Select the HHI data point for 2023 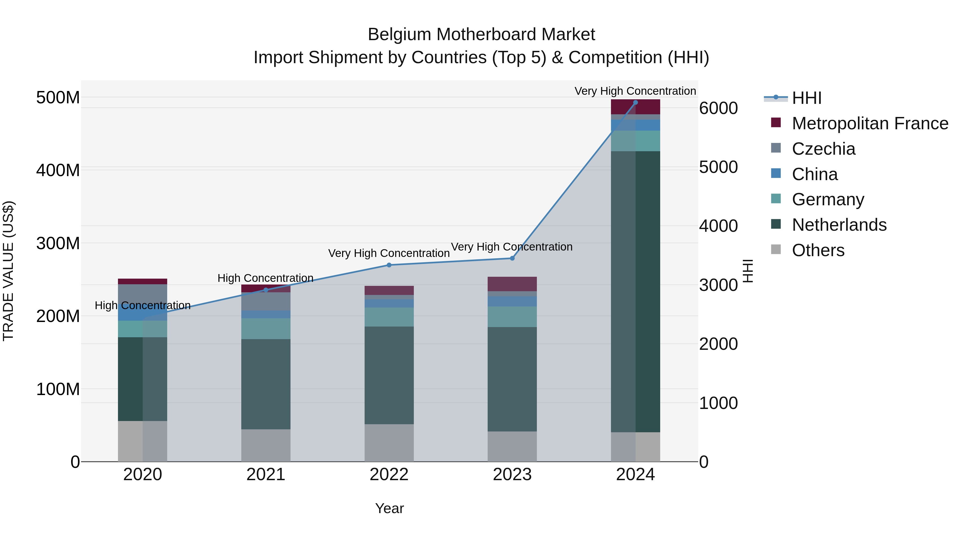pos(512,259)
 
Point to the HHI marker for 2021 pos(266,290)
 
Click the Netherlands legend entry pos(839,225)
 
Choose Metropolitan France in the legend pos(870,123)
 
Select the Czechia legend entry pos(823,149)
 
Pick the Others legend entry pos(818,250)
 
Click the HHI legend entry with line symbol pos(806,98)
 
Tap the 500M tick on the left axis pos(58,98)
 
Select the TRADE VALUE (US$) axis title pos(9,271)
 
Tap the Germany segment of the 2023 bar pos(512,317)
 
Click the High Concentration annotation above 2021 pos(265,278)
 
